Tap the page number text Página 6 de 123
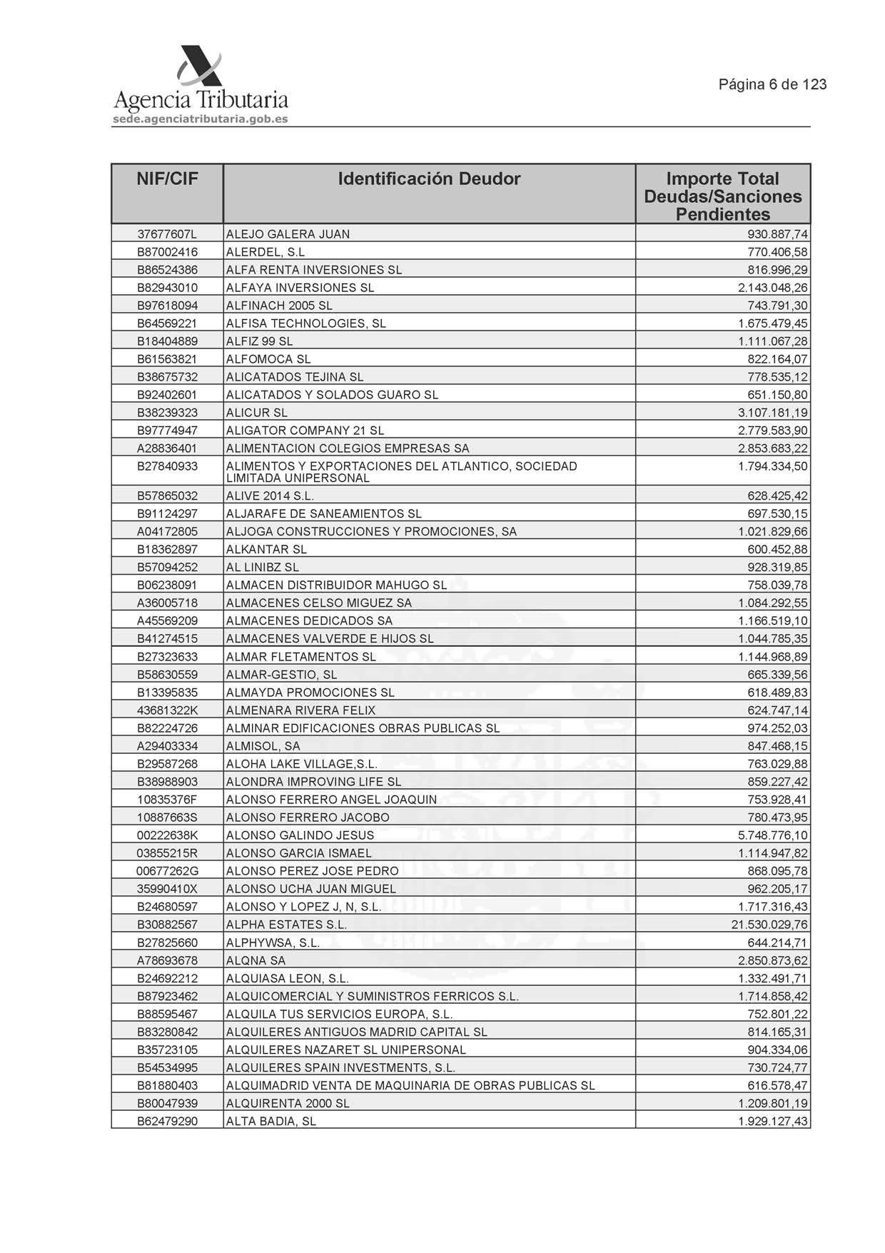pos(772,84)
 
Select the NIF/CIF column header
pos(167,178)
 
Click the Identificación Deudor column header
pos(429,178)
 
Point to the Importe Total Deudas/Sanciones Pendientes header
pos(722,196)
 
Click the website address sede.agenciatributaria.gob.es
pos(201,119)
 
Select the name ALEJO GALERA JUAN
pos(288,234)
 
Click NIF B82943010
pos(167,288)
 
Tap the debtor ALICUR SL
pos(257,413)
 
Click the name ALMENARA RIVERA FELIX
pos(300,710)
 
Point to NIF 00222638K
pos(167,835)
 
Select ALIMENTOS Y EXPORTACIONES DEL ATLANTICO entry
pos(401,472)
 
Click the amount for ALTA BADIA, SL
pos(773,1121)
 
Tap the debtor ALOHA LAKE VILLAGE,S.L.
pos(301,764)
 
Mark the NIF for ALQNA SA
pos(167,960)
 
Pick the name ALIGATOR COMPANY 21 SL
pos(305,431)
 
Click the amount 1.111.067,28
pos(773,341)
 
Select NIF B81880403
pos(167,1085)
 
